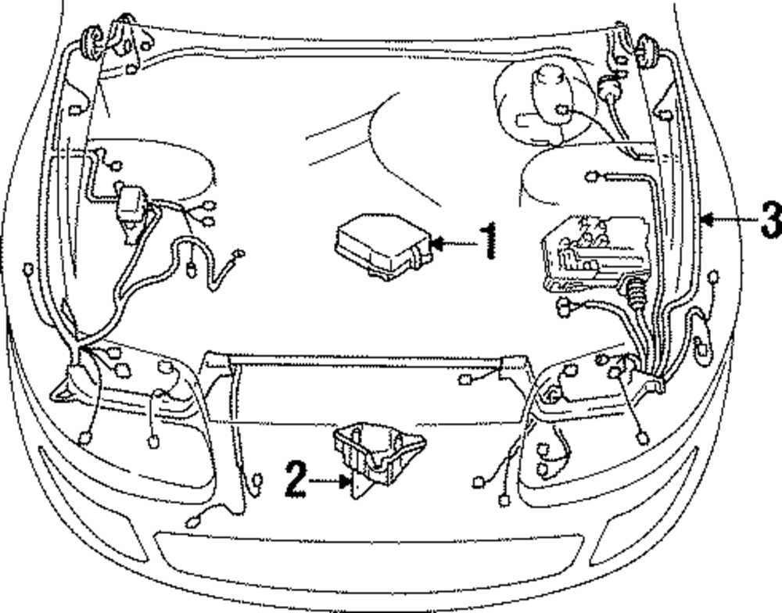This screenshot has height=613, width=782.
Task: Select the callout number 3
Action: [x=770, y=220]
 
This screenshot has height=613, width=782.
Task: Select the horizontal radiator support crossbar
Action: [x=368, y=361]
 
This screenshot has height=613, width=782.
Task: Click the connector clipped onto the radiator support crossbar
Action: [x=467, y=380]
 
